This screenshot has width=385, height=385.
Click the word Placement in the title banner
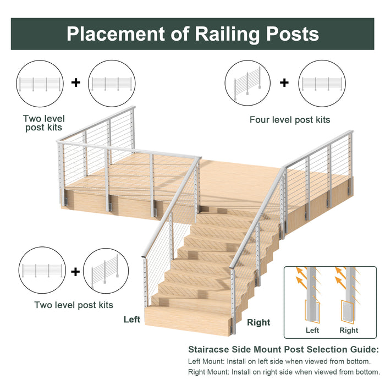pyautogui.click(x=116, y=34)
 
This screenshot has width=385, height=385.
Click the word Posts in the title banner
pyautogui.click(x=293, y=34)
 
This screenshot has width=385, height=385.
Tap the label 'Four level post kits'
pyautogui.click(x=290, y=120)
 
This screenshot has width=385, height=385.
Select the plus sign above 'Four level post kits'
pyautogui.click(x=284, y=82)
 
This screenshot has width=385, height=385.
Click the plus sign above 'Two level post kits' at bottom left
pyautogui.click(x=75, y=272)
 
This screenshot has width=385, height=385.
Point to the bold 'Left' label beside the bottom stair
pyautogui.click(x=132, y=320)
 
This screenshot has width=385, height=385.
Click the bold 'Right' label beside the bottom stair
pyautogui.click(x=258, y=322)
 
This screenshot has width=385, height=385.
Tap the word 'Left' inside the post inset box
pyautogui.click(x=312, y=330)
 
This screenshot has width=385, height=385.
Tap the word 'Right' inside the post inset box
pyautogui.click(x=349, y=330)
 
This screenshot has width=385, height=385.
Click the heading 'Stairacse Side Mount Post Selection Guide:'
pyautogui.click(x=284, y=349)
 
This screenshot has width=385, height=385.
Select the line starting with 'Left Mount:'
pyautogui.click(x=279, y=361)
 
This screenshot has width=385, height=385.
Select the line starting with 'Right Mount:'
pyautogui.click(x=284, y=372)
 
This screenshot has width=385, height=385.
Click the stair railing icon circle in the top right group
pyautogui.click(x=248, y=83)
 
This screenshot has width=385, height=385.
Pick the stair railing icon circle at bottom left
pyautogui.click(x=106, y=271)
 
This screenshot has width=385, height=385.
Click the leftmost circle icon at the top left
pyautogui.click(x=40, y=84)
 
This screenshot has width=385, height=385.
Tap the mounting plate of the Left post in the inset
pyautogui.click(x=312, y=311)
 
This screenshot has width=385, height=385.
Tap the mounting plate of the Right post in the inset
pyautogui.click(x=348, y=311)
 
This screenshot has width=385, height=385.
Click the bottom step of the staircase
pyautogui.click(x=189, y=321)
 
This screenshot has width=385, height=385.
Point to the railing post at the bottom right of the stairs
pyautogui.click(x=233, y=301)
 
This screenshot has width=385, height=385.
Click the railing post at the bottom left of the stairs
pyautogui.click(x=145, y=282)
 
